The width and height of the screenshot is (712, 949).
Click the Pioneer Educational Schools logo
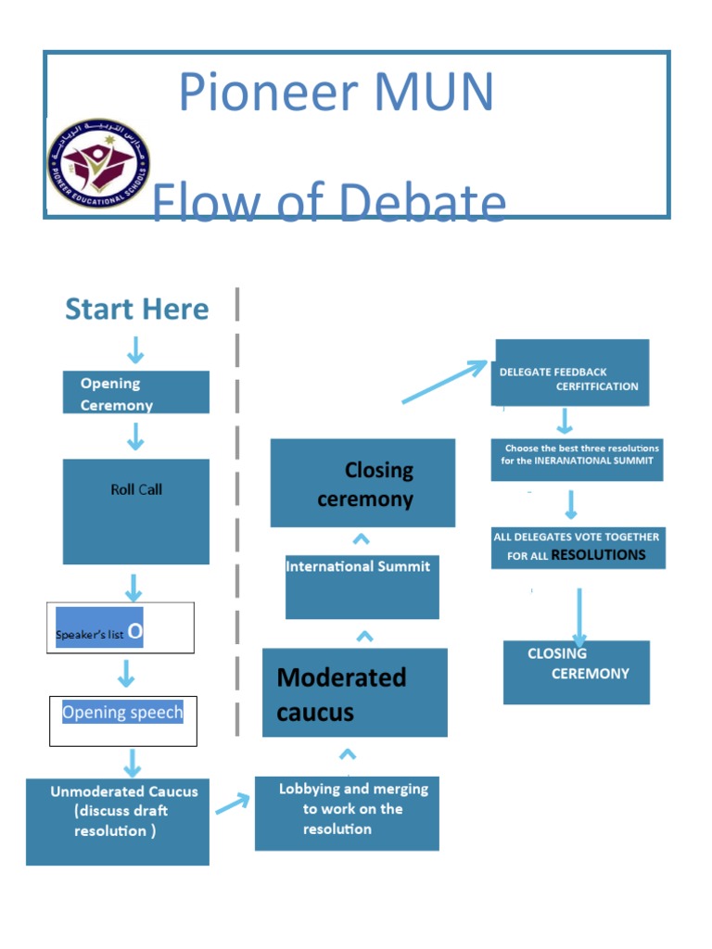coord(98,163)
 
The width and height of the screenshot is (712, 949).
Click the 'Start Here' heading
coord(137,310)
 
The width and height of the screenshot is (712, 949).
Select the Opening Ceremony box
coord(135,393)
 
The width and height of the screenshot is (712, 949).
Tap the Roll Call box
coord(135,511)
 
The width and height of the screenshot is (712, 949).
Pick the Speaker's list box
coord(121,628)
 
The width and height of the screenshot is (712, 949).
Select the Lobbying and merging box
coord(347,813)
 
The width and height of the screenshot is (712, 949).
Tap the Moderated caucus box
coord(354,693)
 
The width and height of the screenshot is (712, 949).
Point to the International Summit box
coord(362,585)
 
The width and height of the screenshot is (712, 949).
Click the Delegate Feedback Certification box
coord(569,373)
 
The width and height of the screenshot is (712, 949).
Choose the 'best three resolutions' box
coord(577,460)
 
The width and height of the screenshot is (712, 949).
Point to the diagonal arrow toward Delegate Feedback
coord(445,381)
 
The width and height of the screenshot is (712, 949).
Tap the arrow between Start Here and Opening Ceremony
coord(135,349)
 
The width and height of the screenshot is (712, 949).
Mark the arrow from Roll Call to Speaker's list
coord(134,587)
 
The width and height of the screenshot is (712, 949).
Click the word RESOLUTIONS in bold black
coord(598,555)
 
